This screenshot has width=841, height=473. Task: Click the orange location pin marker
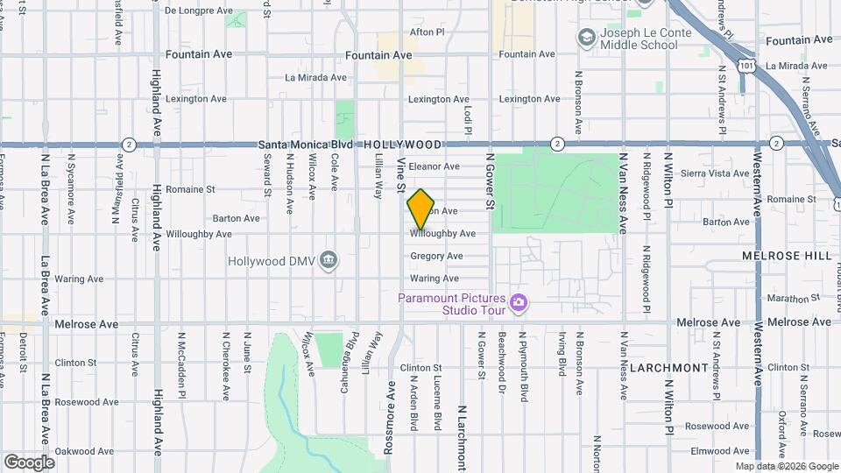[x=421, y=208]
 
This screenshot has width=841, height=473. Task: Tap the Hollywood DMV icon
[x=329, y=260]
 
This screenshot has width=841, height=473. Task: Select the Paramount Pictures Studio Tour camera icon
[x=519, y=302]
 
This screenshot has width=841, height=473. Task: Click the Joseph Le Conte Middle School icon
[x=585, y=38]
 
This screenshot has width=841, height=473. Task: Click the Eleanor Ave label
[x=434, y=166]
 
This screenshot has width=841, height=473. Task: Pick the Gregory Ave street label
[x=436, y=256]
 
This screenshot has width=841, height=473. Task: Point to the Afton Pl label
[x=428, y=32]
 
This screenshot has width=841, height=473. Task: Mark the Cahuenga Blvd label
[x=348, y=359]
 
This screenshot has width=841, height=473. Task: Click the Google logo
[x=29, y=462]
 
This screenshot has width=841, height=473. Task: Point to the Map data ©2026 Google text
[x=787, y=466]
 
